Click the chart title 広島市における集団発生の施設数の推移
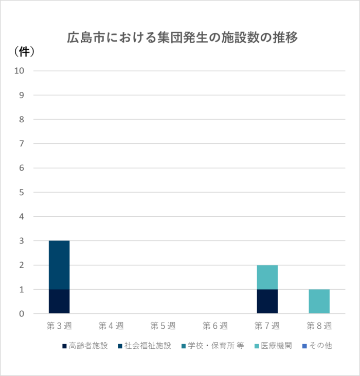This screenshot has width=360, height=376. tap(182, 38)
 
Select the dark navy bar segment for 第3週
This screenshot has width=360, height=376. tap(59, 302)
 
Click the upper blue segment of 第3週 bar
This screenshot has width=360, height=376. tap(59, 265)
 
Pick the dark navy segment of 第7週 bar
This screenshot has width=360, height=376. tap(267, 302)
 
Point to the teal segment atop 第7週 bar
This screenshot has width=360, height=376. tap(267, 277)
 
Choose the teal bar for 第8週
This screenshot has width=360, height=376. tap(319, 302)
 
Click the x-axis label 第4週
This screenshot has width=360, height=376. tap(111, 326)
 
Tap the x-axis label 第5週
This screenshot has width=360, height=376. tap(163, 326)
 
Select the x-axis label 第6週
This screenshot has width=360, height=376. tap(215, 326)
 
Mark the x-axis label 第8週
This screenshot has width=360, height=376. tap(319, 326)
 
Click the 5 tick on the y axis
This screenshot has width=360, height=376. tap(22, 192)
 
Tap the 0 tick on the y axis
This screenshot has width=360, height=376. tap(22, 314)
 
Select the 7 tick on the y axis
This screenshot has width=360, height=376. tap(22, 144)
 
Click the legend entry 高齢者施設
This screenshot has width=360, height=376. tap(85, 346)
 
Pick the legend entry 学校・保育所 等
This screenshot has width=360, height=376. tap(211, 346)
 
